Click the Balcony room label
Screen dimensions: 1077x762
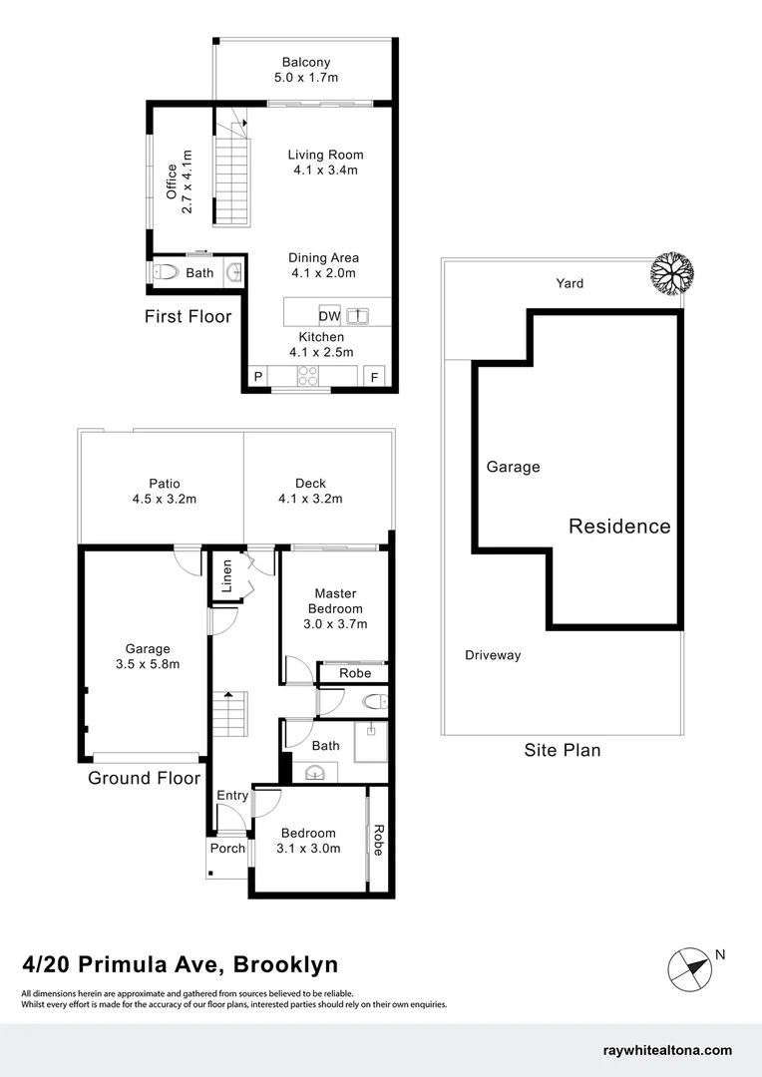[x=305, y=63]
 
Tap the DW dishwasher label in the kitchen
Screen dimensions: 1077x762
[x=329, y=317]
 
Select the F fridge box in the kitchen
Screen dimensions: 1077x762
[x=375, y=377]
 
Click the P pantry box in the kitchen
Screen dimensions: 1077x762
[x=257, y=377]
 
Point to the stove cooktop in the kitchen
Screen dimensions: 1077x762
[x=308, y=376]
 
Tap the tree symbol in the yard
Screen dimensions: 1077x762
[x=668, y=270]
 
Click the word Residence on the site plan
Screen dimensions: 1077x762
[x=619, y=527]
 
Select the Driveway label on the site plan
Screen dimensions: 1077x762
[x=493, y=655]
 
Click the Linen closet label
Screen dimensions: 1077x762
[x=226, y=575]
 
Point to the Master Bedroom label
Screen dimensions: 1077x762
[x=335, y=601]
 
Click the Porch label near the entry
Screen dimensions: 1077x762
[x=227, y=849]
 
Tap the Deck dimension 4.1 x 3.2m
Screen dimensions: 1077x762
[x=310, y=499]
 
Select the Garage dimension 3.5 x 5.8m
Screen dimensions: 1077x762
[x=148, y=664]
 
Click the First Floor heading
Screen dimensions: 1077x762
[x=188, y=317]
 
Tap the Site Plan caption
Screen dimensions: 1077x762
[x=563, y=750]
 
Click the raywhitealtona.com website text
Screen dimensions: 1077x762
[x=668, y=1050]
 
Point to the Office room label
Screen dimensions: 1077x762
[x=173, y=180]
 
